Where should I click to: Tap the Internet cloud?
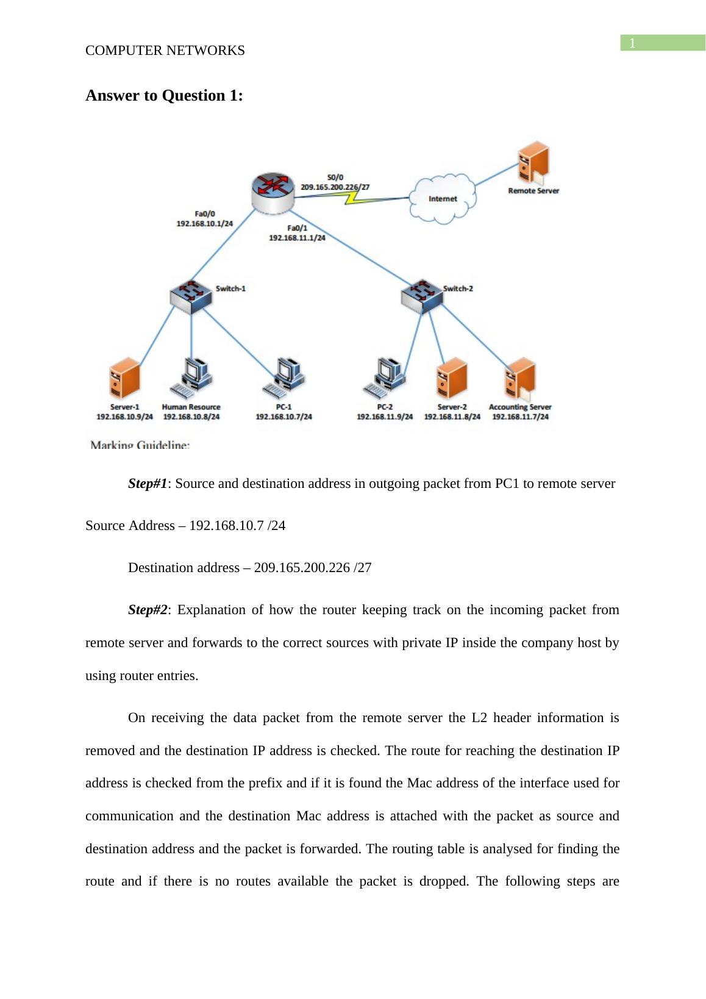(x=443, y=198)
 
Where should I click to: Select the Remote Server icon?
(x=533, y=163)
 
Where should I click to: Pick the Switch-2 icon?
(x=422, y=295)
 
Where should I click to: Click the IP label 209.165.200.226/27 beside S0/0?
(x=335, y=187)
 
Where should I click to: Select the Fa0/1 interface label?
(x=297, y=227)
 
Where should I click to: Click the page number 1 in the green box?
(x=633, y=43)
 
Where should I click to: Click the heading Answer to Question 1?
(x=164, y=96)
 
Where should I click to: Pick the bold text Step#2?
(x=148, y=610)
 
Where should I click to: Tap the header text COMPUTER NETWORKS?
(x=165, y=51)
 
